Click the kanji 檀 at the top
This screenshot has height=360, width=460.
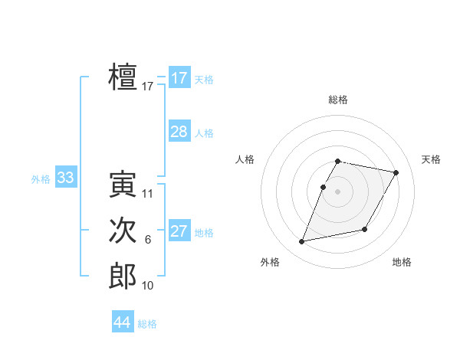tap(123, 77)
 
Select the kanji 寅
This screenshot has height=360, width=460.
tap(123, 185)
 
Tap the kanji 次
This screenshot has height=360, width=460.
tap(123, 231)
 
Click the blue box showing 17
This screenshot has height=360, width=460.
tap(179, 78)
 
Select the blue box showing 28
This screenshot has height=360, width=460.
tap(179, 132)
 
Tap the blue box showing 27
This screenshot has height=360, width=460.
tap(179, 231)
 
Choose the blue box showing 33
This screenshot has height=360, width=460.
tap(65, 178)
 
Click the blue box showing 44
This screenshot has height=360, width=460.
tap(123, 322)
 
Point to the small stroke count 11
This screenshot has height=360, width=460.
tap(148, 194)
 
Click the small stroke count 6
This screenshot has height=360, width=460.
tap(148, 240)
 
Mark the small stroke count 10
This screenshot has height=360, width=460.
tap(148, 286)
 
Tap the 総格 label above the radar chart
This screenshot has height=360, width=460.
tap(338, 100)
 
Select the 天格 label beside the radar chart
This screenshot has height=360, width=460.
tap(431, 159)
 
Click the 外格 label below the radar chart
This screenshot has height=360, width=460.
tap(270, 262)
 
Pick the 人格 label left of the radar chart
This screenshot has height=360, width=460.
tap(245, 159)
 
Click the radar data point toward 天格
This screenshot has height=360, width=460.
tap(396, 173)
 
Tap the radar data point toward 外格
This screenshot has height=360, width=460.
tap(302, 242)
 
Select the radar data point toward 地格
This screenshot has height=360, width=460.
tap(365, 230)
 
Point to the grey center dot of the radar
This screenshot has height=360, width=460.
tap(338, 192)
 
